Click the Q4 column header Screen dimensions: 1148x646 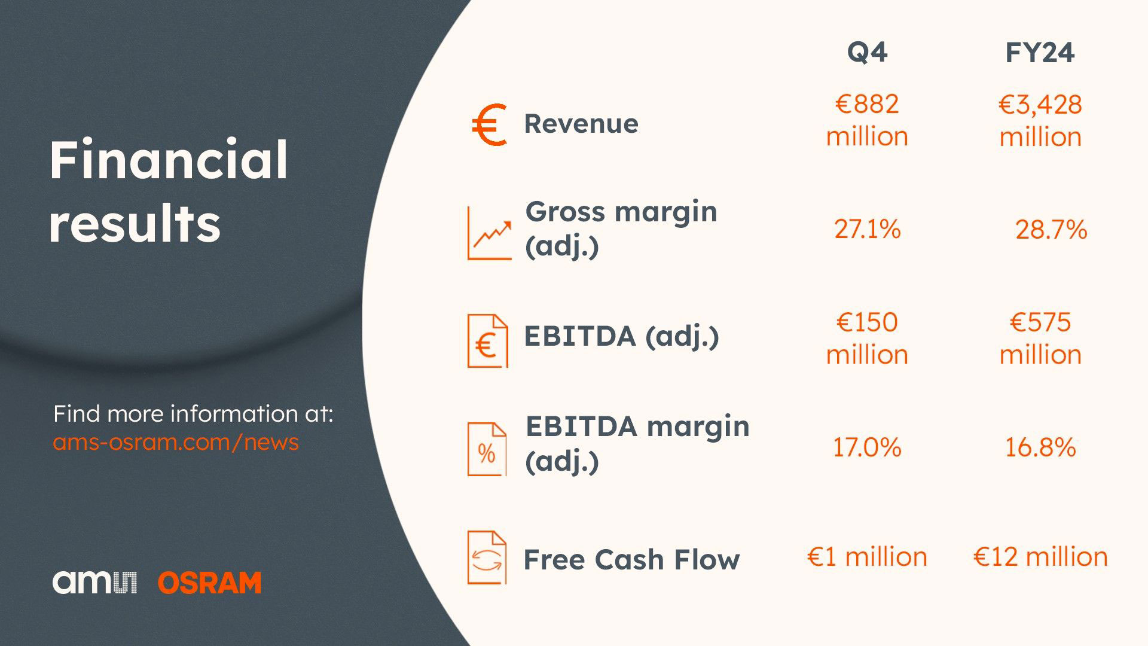pyautogui.click(x=867, y=53)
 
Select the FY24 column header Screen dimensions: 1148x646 pyautogui.click(x=1040, y=53)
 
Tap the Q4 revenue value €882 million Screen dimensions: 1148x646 pyautogui.click(x=867, y=120)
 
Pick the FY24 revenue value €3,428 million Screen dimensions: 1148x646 pyautogui.click(x=1040, y=121)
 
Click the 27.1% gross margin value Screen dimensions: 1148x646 pyautogui.click(x=867, y=229)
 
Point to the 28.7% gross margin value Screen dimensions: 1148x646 pyautogui.click(x=1051, y=230)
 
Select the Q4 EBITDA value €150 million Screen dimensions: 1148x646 pyautogui.click(x=867, y=339)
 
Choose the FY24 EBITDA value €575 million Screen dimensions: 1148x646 pyautogui.click(x=1040, y=339)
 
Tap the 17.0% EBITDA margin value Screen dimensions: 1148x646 pyautogui.click(x=867, y=447)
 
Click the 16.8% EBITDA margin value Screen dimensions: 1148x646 pyautogui.click(x=1040, y=447)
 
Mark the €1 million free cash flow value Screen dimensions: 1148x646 pyautogui.click(x=867, y=557)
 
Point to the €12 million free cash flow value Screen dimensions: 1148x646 pyautogui.click(x=1040, y=557)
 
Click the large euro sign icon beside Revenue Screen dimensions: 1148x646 pyautogui.click(x=489, y=124)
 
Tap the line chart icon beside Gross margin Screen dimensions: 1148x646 pyautogui.click(x=490, y=233)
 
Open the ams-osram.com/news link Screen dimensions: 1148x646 pyautogui.click(x=176, y=442)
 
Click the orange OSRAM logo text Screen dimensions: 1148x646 pyautogui.click(x=210, y=583)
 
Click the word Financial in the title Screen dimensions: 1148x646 pyautogui.click(x=169, y=160)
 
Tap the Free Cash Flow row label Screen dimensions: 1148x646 pyautogui.click(x=631, y=559)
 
